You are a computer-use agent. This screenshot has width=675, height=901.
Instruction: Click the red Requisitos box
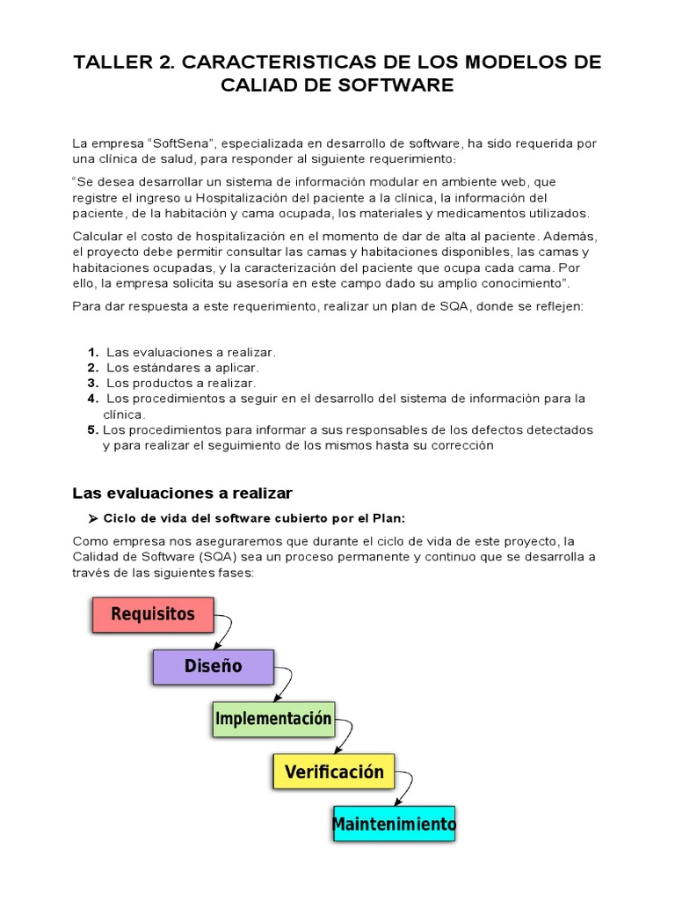coord(153,614)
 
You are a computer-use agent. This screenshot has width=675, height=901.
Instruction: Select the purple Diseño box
coord(213,667)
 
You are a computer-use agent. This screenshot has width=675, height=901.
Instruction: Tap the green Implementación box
coord(273,719)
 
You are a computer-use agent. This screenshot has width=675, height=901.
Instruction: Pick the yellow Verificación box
coord(334,772)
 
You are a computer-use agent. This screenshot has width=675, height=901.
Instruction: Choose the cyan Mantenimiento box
coord(394,824)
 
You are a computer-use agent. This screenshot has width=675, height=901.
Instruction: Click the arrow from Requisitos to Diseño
coord(226,630)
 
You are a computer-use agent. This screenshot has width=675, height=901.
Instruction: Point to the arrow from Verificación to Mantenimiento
coord(406,788)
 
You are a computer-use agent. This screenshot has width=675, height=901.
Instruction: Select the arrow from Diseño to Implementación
coord(287,683)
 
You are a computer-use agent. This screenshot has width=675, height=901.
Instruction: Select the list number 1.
coord(92,352)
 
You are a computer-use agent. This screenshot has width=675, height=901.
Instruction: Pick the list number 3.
coord(92,383)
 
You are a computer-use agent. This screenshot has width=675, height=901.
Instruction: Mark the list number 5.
coord(92,429)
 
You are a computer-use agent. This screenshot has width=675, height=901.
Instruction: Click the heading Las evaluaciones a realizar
coord(182,492)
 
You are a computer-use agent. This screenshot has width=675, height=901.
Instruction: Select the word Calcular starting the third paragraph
coord(98,236)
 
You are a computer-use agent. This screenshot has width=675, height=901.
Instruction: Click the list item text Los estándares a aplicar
coord(183,368)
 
